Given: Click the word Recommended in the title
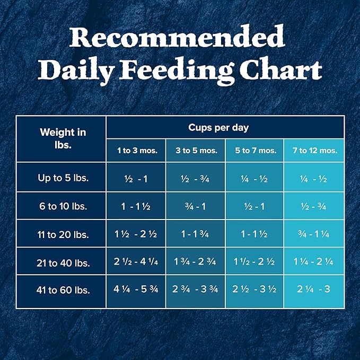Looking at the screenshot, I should point(180,39).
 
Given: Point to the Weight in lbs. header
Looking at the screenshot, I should point(63,138).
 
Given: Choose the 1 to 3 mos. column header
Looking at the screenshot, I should point(137,151).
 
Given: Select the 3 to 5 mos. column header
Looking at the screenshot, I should point(196,151).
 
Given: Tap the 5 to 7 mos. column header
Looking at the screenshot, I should point(256,151).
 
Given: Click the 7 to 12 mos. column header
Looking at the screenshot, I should point(314,151).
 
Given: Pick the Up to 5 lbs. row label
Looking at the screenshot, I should point(63,178).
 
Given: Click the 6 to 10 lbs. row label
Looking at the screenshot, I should point(63,206).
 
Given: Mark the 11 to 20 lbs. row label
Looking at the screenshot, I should point(63,234).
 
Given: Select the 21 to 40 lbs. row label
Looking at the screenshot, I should point(63,262).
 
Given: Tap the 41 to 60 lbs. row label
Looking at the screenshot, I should point(63,291).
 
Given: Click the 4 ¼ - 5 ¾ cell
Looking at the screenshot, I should point(137,291).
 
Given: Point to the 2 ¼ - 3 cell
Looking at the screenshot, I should point(314,291).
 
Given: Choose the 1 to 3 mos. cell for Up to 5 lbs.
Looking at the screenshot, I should point(137,179).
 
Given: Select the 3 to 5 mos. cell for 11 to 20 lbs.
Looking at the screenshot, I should point(196,234).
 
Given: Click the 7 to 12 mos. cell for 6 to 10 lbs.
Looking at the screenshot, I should point(314,206).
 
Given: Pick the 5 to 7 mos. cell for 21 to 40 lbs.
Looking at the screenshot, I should point(256,262).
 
